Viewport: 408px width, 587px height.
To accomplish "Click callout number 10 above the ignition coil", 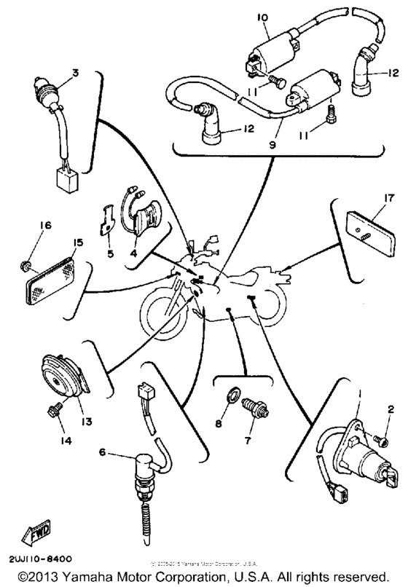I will (264, 16).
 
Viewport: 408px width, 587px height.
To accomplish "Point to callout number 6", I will (101, 452).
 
